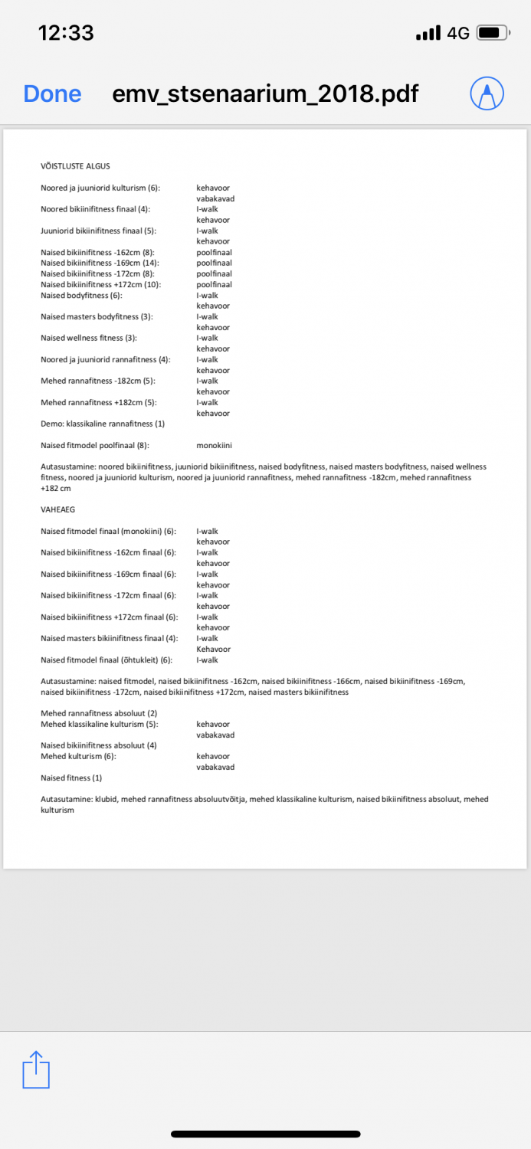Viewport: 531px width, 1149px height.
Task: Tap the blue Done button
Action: [52, 93]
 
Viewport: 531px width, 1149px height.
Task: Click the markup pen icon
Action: [487, 93]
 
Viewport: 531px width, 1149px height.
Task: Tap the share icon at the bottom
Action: [36, 1069]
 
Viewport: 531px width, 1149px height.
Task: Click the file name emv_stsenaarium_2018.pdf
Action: [265, 93]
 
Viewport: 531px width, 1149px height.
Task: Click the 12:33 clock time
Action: [66, 33]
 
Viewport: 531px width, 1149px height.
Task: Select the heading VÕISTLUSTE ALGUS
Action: [76, 166]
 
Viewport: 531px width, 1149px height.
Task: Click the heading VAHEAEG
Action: [57, 509]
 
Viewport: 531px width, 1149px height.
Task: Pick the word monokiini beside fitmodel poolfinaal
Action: [214, 445]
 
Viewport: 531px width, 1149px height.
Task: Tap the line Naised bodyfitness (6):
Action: [81, 295]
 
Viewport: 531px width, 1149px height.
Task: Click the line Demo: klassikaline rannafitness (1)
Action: [103, 424]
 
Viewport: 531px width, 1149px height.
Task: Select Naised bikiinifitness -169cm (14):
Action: [100, 263]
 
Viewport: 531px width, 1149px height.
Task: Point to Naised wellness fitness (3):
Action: [89, 338]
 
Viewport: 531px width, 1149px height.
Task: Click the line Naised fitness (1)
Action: [71, 777]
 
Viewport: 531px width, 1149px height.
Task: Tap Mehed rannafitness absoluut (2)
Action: [99, 713]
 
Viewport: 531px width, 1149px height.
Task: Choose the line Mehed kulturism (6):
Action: [79, 756]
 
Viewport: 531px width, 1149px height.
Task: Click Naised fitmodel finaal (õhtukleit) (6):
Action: [107, 660]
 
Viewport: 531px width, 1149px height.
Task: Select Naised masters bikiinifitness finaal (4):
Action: [110, 638]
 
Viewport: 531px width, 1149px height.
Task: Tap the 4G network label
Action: [458, 33]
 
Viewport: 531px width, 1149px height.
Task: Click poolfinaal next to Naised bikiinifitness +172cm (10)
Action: [214, 284]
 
